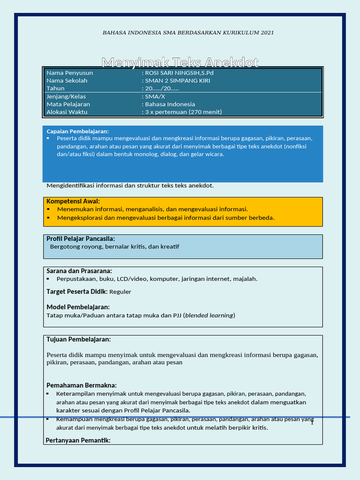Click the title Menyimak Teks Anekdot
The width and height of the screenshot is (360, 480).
click(x=180, y=62)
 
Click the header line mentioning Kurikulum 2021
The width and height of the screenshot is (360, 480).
click(x=188, y=32)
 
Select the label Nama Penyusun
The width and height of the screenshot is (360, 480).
click(x=69, y=73)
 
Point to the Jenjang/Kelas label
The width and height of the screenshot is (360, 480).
click(x=66, y=96)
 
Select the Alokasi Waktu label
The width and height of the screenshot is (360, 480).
click(x=67, y=112)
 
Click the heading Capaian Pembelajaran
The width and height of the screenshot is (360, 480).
click(x=77, y=131)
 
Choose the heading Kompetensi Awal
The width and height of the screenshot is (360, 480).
click(x=73, y=201)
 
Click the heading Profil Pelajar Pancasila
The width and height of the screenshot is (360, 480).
click(x=81, y=239)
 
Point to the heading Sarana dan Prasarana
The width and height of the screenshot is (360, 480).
click(x=79, y=271)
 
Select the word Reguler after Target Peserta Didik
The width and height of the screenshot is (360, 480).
click(x=120, y=292)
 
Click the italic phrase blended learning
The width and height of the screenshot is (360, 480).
click(x=209, y=315)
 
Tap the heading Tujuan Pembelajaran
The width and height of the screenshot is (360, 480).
click(x=78, y=339)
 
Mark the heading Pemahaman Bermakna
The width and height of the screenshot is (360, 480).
click(x=81, y=385)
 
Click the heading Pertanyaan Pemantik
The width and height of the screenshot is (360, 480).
click(x=78, y=440)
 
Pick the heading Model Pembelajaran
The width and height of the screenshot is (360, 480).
click(x=78, y=307)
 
